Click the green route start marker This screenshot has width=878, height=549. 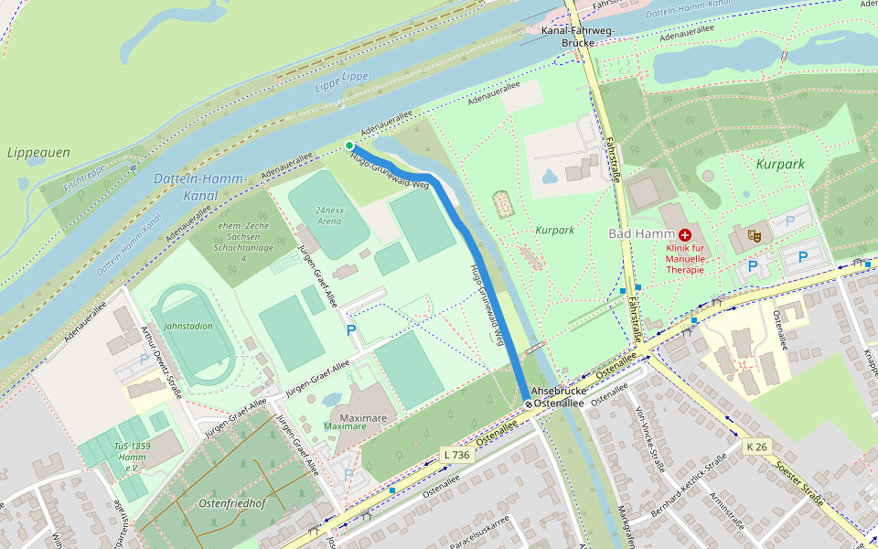coord(349,145)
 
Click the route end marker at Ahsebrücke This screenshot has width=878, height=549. coord(529,404)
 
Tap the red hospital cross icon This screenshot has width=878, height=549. coord(685,234)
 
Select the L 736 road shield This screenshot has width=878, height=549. coord(455,455)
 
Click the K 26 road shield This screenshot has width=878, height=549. coord(755,447)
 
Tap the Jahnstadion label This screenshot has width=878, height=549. coord(187,326)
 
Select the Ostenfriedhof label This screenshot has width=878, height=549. coord(230,503)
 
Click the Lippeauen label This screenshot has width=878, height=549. coord(37,153)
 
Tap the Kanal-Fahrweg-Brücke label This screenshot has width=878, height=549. coord(579,37)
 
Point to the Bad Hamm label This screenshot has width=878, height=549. coord(641,234)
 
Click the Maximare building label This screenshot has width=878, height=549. coord(345,426)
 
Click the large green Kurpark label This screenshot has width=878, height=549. coord(780,164)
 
